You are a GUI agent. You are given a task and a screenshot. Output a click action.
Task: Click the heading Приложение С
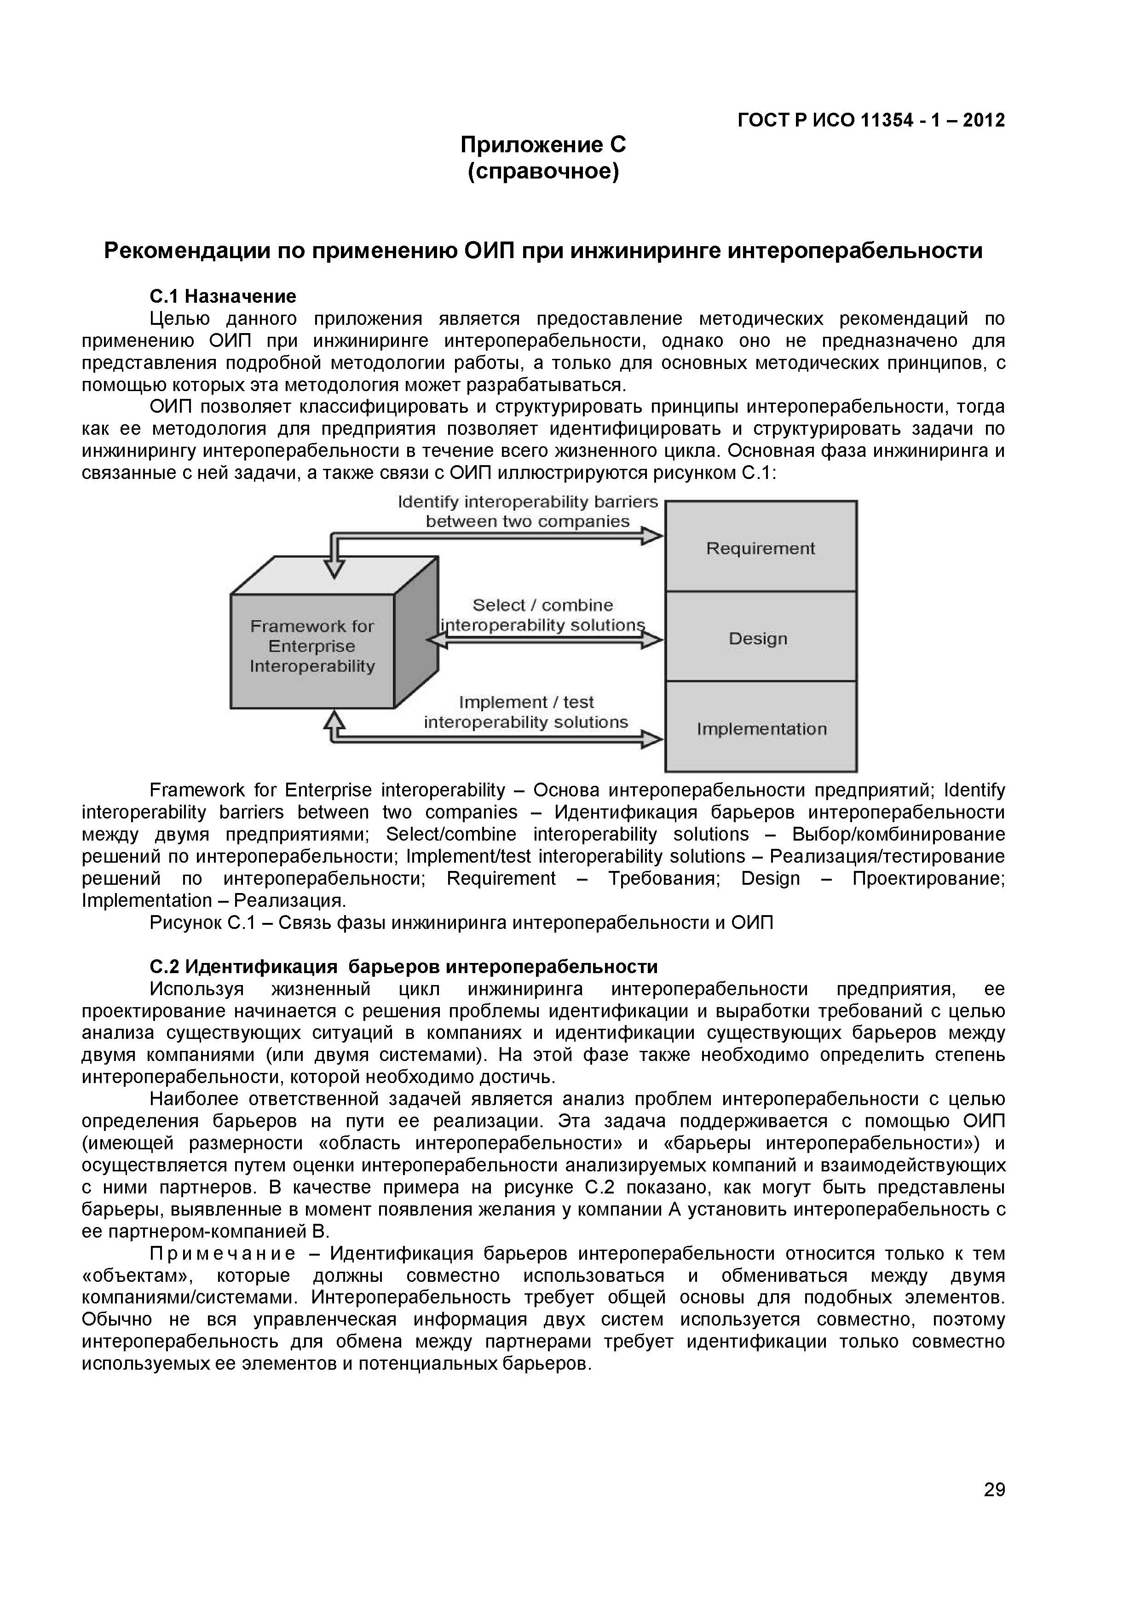pyautogui.click(x=543, y=145)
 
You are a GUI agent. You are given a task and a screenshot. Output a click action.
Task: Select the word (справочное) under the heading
pyautogui.click(x=543, y=171)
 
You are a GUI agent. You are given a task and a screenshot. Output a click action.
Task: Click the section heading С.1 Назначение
pyautogui.click(x=223, y=296)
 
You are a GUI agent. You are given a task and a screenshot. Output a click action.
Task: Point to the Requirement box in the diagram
pyautogui.click(x=760, y=548)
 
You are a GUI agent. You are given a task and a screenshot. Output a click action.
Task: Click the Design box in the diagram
pyautogui.click(x=758, y=638)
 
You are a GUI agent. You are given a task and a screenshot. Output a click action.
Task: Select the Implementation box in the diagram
pyautogui.click(x=761, y=729)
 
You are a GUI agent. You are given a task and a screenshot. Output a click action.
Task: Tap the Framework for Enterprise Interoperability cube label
pyautogui.click(x=312, y=646)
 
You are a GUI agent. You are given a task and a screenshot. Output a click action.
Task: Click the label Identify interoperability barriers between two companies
pyautogui.click(x=527, y=511)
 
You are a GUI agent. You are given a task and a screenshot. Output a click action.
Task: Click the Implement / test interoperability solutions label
pyautogui.click(x=526, y=712)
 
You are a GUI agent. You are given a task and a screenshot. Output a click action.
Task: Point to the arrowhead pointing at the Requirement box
pyautogui.click(x=652, y=536)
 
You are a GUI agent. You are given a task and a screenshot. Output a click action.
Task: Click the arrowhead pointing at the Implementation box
pyautogui.click(x=652, y=739)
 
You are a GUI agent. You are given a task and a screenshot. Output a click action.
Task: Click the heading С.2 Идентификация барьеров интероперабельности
pyautogui.click(x=403, y=967)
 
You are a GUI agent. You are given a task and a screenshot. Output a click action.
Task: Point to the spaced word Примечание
pyautogui.click(x=223, y=1253)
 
